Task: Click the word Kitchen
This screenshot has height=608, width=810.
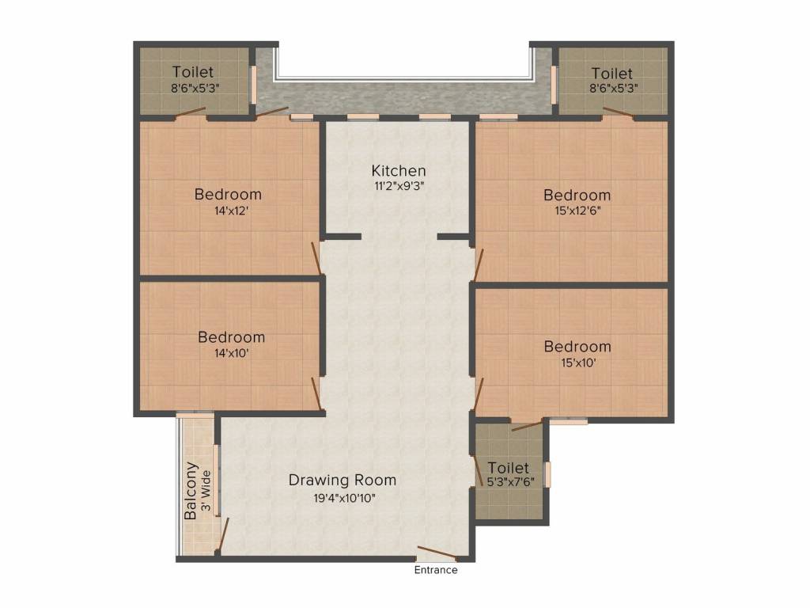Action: (399, 171)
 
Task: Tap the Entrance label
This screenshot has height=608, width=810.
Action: (435, 570)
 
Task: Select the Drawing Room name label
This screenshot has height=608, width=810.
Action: (342, 481)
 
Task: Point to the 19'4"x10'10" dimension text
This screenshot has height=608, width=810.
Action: (342, 498)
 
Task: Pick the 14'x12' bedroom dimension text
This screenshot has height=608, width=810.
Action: (228, 211)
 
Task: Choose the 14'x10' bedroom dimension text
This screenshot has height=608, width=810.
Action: (231, 354)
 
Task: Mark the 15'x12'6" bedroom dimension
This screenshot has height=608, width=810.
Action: (577, 211)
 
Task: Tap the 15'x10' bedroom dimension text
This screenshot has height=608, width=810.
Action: (577, 363)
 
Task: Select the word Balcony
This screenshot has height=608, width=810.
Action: (191, 491)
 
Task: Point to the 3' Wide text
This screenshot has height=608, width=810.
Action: (206, 491)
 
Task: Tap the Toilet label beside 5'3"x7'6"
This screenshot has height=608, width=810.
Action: (508, 468)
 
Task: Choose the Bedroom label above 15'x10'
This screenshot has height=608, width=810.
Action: (577, 347)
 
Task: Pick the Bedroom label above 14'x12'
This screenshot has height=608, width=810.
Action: (228, 195)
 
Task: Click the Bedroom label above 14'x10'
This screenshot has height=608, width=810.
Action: (231, 337)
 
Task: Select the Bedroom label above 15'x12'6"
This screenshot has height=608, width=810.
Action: (577, 195)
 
